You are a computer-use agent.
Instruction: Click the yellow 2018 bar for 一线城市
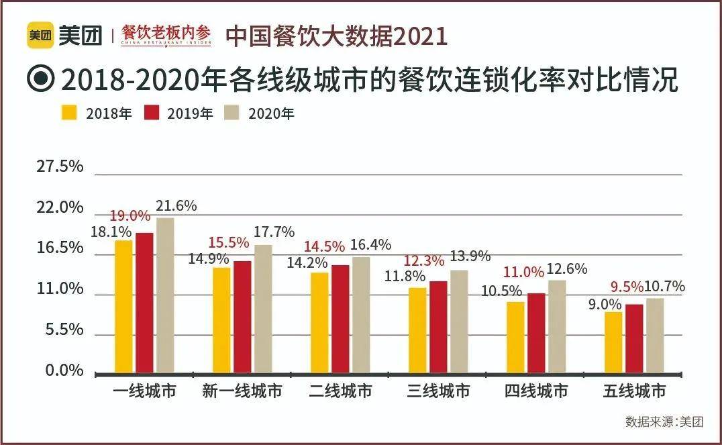tap(123, 306)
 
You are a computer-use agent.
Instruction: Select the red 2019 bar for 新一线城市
tap(242, 316)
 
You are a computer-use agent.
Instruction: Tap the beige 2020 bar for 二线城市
tap(361, 314)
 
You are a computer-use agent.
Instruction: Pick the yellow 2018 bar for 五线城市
tap(613, 342)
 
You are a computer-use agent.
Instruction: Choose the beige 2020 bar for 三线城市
tap(459, 321)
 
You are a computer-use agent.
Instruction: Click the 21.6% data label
tap(176, 206)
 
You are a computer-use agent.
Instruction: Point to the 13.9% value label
tap(470, 256)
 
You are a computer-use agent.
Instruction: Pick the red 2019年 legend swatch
tap(151, 112)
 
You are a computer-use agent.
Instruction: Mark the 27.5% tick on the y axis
tap(60, 166)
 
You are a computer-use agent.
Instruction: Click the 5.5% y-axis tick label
tap(64, 330)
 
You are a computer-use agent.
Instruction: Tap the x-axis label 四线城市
tap(536, 391)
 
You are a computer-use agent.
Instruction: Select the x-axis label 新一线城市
tap(242, 391)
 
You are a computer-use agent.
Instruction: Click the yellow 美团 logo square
tap(40, 36)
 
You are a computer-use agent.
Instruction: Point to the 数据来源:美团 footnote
tap(664, 422)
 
